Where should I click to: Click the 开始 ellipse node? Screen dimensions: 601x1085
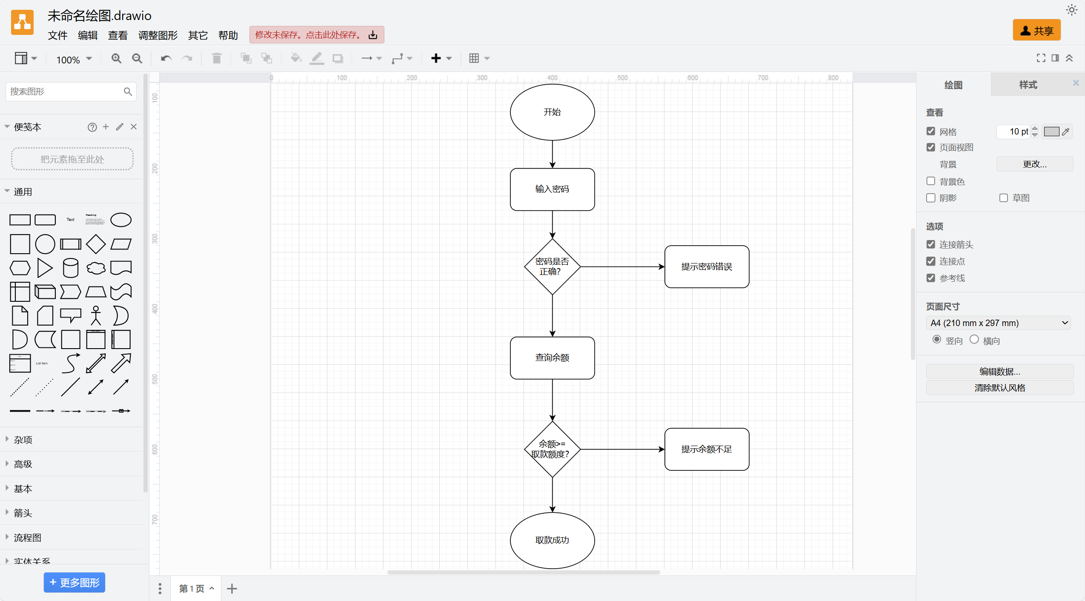tap(552, 112)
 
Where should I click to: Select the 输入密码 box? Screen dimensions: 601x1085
tap(552, 189)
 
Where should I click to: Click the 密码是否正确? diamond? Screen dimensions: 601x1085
tap(552, 266)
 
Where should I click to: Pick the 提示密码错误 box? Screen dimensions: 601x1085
tap(707, 266)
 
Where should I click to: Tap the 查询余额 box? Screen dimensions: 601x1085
tap(552, 358)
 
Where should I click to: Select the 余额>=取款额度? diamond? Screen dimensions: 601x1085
tap(552, 449)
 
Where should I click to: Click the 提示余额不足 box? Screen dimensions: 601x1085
tap(707, 449)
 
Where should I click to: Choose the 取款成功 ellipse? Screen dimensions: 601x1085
tap(552, 540)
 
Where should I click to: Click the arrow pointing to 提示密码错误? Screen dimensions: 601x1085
tap(621, 267)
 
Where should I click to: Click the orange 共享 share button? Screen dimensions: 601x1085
tap(1036, 31)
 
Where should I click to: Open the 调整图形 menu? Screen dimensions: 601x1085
tap(157, 35)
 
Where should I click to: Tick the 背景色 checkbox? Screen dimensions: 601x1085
tap(931, 181)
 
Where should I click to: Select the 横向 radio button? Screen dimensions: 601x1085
tap(974, 340)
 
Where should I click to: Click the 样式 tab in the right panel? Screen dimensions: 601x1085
tap(1028, 85)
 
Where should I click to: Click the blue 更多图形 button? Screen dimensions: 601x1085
tap(74, 582)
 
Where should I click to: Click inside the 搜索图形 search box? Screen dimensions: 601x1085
tap(64, 92)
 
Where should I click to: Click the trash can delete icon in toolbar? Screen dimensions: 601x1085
tap(217, 58)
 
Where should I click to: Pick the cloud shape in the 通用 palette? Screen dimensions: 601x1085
tap(96, 268)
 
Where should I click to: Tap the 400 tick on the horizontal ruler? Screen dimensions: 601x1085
tap(552, 78)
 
